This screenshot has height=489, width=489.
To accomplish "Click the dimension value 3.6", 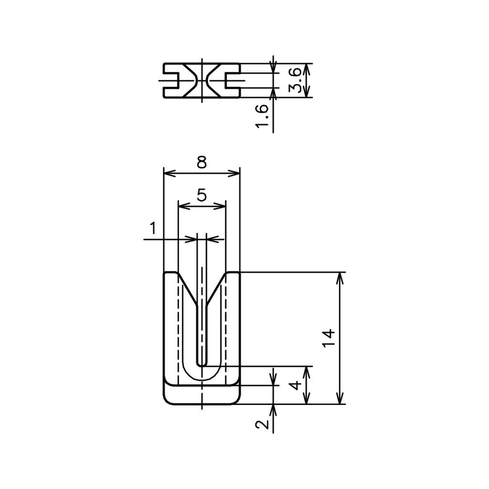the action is click(x=295, y=80).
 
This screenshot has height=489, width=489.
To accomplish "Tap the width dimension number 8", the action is click(x=202, y=162).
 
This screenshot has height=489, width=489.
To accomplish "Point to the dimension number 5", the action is click(x=202, y=195).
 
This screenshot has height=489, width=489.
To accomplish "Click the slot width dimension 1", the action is click(x=153, y=228).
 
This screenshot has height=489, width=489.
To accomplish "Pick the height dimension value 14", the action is click(x=329, y=338).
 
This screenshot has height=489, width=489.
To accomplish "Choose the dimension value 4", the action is click(x=297, y=385).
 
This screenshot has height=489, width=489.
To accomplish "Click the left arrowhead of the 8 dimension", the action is click(x=170, y=173).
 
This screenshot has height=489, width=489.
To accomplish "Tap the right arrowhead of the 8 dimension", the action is click(x=234, y=173).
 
